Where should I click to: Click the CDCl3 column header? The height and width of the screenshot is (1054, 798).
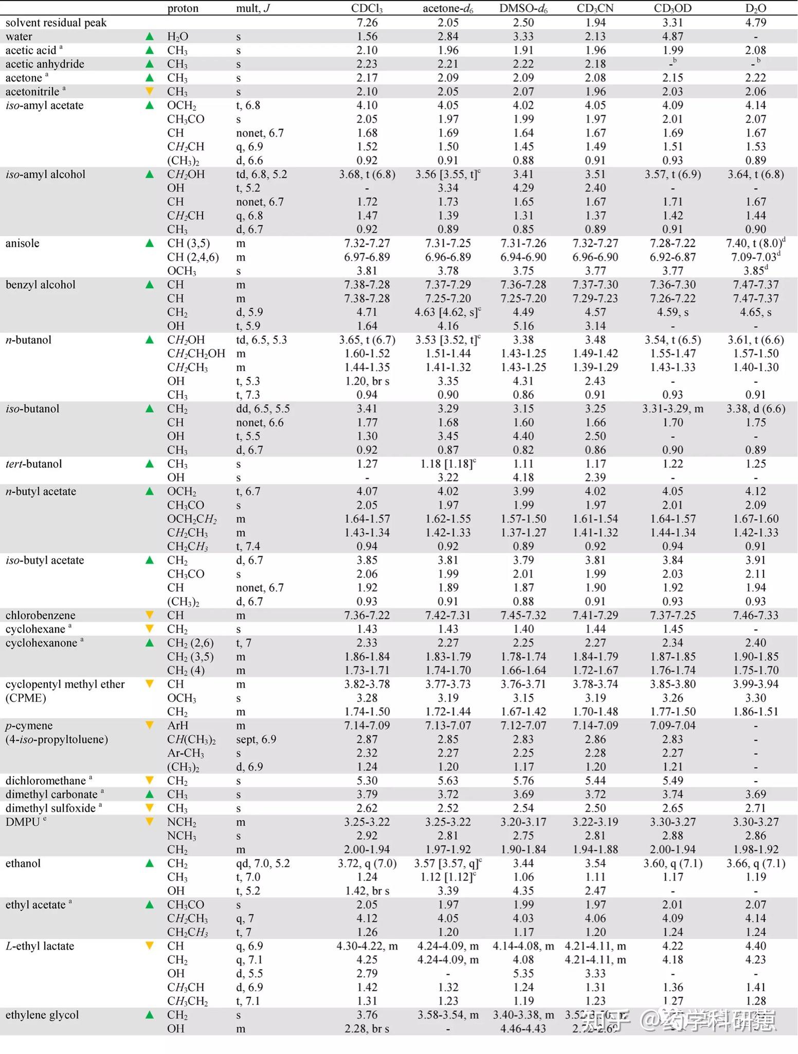coord(367,9)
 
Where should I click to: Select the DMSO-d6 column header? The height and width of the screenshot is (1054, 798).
coord(523,9)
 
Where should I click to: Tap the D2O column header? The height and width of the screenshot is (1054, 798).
coord(755,9)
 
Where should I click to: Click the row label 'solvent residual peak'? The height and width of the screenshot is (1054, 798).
coord(56,23)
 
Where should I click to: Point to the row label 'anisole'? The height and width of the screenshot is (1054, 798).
coord(22,243)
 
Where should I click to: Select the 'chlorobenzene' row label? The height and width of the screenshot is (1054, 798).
coord(41,615)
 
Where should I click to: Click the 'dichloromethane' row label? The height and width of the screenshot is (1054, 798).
coord(46,780)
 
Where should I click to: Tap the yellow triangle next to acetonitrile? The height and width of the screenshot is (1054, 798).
coord(150,91)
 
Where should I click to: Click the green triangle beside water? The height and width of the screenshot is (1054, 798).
coord(150,36)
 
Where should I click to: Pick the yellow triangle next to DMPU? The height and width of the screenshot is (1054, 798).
coord(150,821)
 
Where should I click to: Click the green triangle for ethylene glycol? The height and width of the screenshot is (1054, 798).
coord(150,1014)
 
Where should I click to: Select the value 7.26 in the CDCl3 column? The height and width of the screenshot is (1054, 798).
coord(367,23)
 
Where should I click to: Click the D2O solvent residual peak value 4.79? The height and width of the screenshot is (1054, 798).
coord(756,23)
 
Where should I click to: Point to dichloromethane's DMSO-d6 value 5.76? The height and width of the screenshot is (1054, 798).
coord(523,780)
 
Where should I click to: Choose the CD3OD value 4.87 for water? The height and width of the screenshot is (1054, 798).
coord(673,37)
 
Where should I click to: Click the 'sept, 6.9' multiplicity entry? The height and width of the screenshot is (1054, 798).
coord(256,739)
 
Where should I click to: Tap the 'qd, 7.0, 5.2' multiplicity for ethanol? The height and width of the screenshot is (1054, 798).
coord(263,863)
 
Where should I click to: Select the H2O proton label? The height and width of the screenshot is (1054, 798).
coord(177,37)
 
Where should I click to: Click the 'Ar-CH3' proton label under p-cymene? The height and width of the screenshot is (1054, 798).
coord(185,753)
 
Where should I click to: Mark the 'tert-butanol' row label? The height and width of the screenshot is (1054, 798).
coord(33,464)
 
